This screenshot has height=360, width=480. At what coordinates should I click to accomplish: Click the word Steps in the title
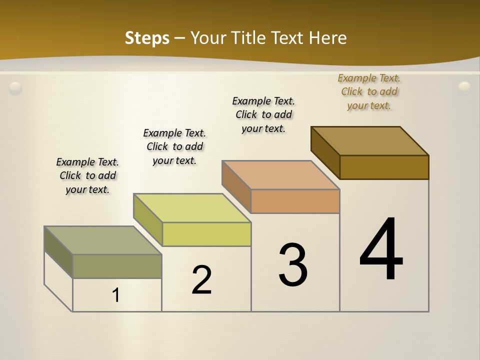point(147,38)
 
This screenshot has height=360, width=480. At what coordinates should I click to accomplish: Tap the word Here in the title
point(328,38)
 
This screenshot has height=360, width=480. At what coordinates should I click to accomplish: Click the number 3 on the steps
point(293,265)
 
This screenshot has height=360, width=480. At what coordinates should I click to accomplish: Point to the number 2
point(202,280)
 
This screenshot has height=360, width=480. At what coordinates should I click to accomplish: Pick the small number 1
point(116,295)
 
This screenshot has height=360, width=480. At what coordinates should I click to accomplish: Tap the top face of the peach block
point(281,175)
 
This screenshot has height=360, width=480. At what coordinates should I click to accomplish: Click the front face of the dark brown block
point(384,167)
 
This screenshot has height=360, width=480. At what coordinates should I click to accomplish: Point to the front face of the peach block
point(295,201)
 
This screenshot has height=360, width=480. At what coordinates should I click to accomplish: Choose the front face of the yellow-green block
point(206,234)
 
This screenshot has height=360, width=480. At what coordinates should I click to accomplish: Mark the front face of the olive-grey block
point(117,266)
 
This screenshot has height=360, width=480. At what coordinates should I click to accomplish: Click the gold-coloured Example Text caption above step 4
point(369,91)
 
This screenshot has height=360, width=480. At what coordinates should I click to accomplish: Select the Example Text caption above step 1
point(87,175)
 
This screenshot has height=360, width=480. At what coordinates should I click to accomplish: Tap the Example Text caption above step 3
point(263,114)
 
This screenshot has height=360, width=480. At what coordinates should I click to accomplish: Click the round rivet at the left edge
point(15,88)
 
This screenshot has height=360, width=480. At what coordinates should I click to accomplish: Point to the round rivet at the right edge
point(464,87)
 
